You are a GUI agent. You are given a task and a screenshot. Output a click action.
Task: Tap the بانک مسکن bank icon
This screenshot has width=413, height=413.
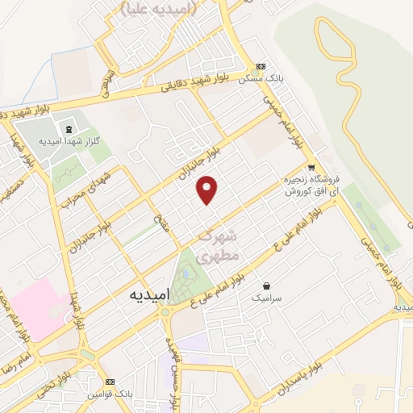(x=261, y=67)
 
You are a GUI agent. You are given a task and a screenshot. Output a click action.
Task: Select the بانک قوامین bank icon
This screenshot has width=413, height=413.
(x=110, y=382)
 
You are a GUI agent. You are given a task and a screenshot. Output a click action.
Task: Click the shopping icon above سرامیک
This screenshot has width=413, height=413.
(x=266, y=286)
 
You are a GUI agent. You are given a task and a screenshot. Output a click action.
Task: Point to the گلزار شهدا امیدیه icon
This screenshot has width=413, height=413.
(x=68, y=129)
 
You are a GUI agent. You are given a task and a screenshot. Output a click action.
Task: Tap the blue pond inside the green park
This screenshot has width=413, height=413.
(x=188, y=273)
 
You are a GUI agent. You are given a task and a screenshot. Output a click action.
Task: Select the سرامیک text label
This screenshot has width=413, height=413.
(x=267, y=298)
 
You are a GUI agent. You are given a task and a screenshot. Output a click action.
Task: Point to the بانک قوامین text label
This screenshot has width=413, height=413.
(x=111, y=394)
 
